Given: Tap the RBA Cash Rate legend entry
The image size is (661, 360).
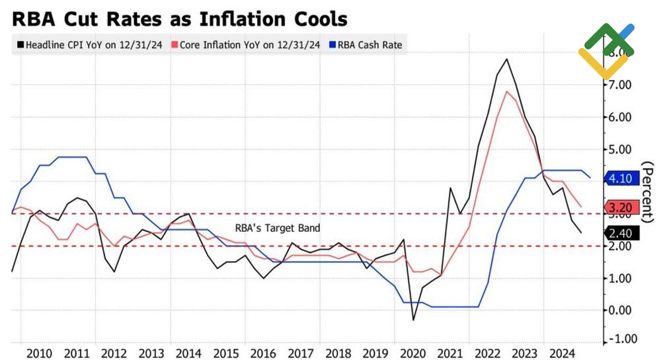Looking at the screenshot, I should (369, 45).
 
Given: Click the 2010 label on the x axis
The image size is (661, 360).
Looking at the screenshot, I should (41, 351).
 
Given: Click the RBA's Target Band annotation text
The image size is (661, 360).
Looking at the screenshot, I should (278, 228).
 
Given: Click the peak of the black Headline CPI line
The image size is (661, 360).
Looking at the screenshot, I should (506, 59).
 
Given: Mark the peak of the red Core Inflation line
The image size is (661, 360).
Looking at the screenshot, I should (506, 91).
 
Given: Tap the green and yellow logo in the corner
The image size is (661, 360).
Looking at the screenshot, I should (606, 50).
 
